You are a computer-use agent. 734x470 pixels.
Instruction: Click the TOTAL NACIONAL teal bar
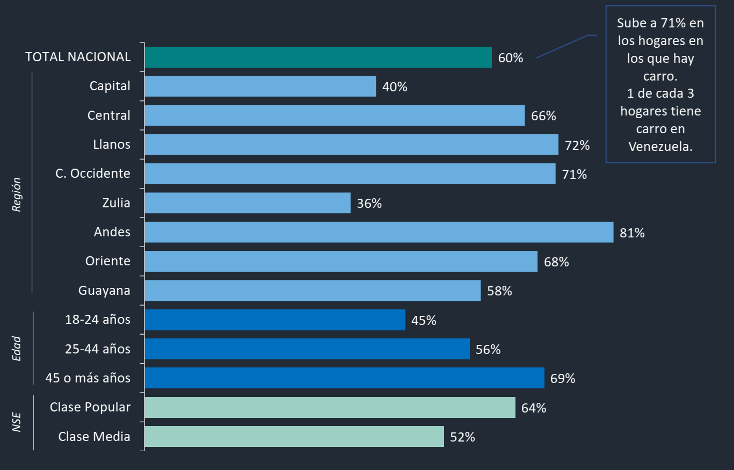click(x=318, y=57)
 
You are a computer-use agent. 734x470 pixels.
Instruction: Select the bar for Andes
click(x=379, y=232)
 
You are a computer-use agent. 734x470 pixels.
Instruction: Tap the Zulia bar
click(x=247, y=203)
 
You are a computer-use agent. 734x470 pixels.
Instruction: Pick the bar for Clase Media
click(x=294, y=436)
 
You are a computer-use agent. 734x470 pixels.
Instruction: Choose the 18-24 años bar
click(x=275, y=320)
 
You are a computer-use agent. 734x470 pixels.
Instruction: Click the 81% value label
click(x=632, y=233)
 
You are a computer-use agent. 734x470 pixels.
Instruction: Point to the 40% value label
click(x=395, y=86)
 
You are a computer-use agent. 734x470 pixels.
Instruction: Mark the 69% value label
click(x=563, y=378)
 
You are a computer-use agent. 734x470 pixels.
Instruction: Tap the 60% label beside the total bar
click(x=510, y=58)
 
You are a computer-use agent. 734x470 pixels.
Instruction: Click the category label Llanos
click(x=112, y=144)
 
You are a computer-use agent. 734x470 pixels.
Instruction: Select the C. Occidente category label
click(x=92, y=173)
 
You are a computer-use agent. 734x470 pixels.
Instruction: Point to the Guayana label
click(x=104, y=291)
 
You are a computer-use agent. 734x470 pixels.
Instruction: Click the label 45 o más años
click(x=88, y=378)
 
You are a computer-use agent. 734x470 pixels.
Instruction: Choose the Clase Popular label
click(x=90, y=407)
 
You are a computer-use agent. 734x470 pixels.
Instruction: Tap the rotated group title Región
click(x=17, y=194)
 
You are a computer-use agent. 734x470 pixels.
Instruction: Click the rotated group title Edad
click(x=17, y=348)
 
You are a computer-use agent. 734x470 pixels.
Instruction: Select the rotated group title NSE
click(x=17, y=422)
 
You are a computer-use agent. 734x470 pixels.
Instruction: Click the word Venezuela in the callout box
click(x=660, y=146)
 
